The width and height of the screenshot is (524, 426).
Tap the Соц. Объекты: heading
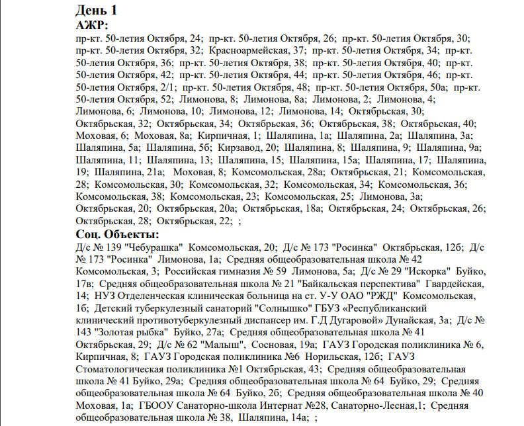(x=118, y=234)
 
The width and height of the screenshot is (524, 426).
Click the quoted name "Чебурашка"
(x=152, y=246)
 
